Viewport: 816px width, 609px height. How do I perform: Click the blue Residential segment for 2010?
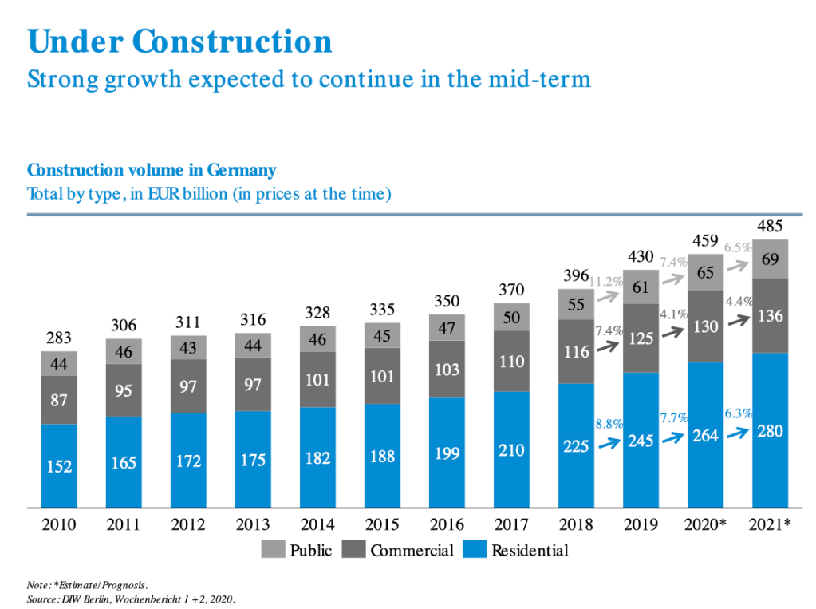tap(59, 465)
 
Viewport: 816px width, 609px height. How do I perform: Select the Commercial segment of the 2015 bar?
tap(382, 374)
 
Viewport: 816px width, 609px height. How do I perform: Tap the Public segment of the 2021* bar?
tap(771, 259)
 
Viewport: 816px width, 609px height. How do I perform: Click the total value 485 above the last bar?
tap(770, 227)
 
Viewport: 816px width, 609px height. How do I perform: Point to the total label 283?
tap(59, 338)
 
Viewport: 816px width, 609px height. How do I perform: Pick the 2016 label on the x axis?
tap(447, 525)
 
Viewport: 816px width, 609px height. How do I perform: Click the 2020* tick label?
tap(706, 525)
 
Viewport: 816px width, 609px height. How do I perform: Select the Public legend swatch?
tap(273, 550)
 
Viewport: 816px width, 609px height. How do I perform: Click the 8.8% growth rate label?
tap(609, 424)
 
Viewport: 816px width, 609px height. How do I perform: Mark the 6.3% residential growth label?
tap(738, 413)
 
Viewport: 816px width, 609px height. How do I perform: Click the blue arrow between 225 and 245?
tap(609, 443)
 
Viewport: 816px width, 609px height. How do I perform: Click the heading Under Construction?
tap(179, 42)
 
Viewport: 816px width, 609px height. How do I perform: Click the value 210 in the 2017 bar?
tap(511, 450)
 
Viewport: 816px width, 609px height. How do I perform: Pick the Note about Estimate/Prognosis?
tap(87, 583)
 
